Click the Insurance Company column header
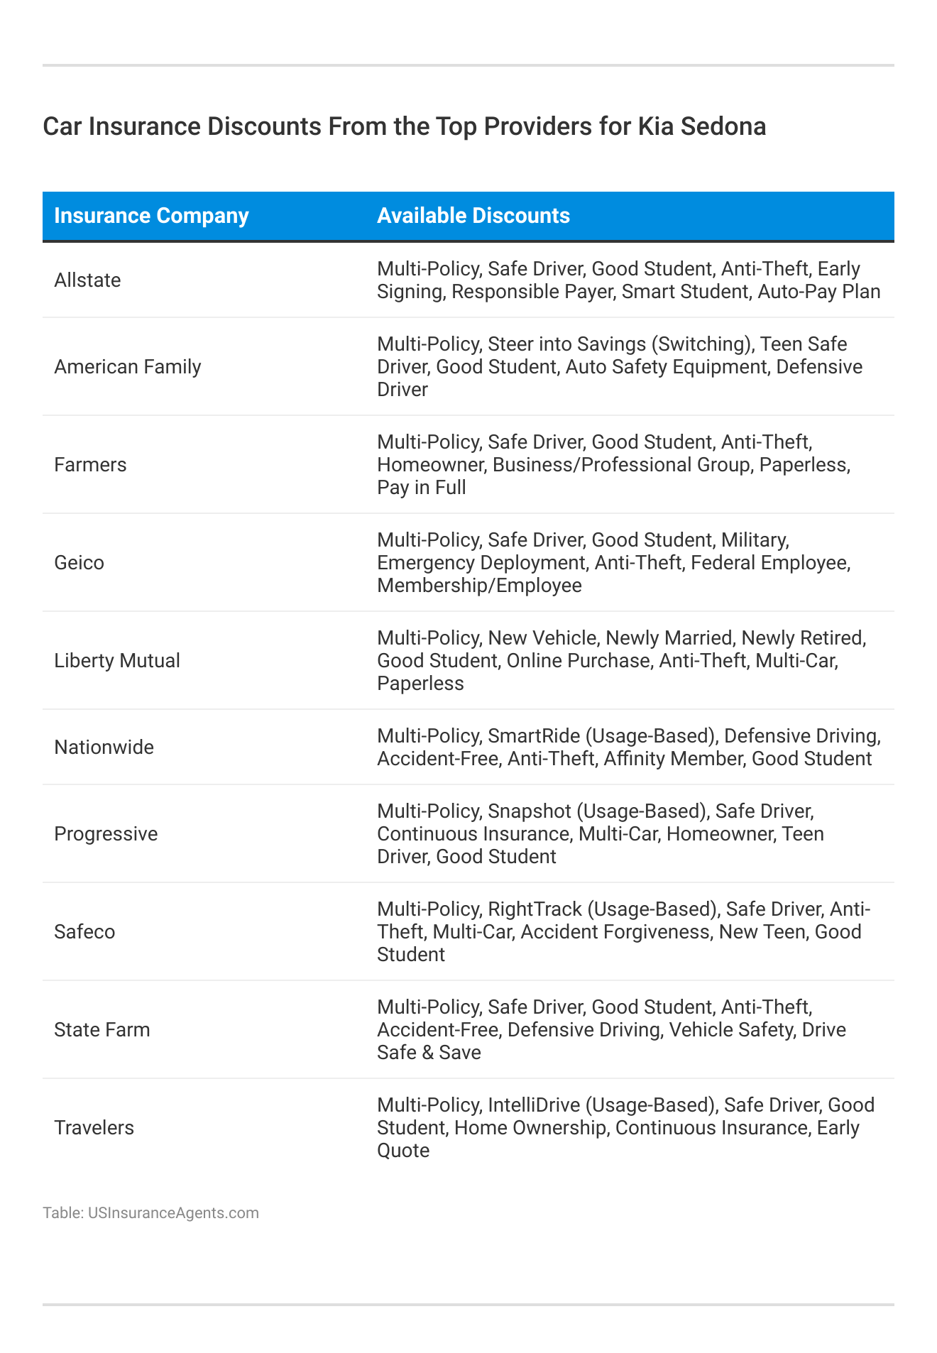(151, 216)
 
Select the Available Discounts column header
(473, 216)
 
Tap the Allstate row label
(87, 280)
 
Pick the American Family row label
(128, 366)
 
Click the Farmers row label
(90, 464)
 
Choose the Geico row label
(79, 562)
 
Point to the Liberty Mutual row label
(117, 660)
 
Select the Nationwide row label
(104, 747)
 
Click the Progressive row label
(106, 833)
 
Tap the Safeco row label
(84, 931)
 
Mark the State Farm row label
(102, 1029)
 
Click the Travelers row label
(94, 1127)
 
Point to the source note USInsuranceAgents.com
(173, 1212)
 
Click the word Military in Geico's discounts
(754, 539)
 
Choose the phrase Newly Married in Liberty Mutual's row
(669, 637)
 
